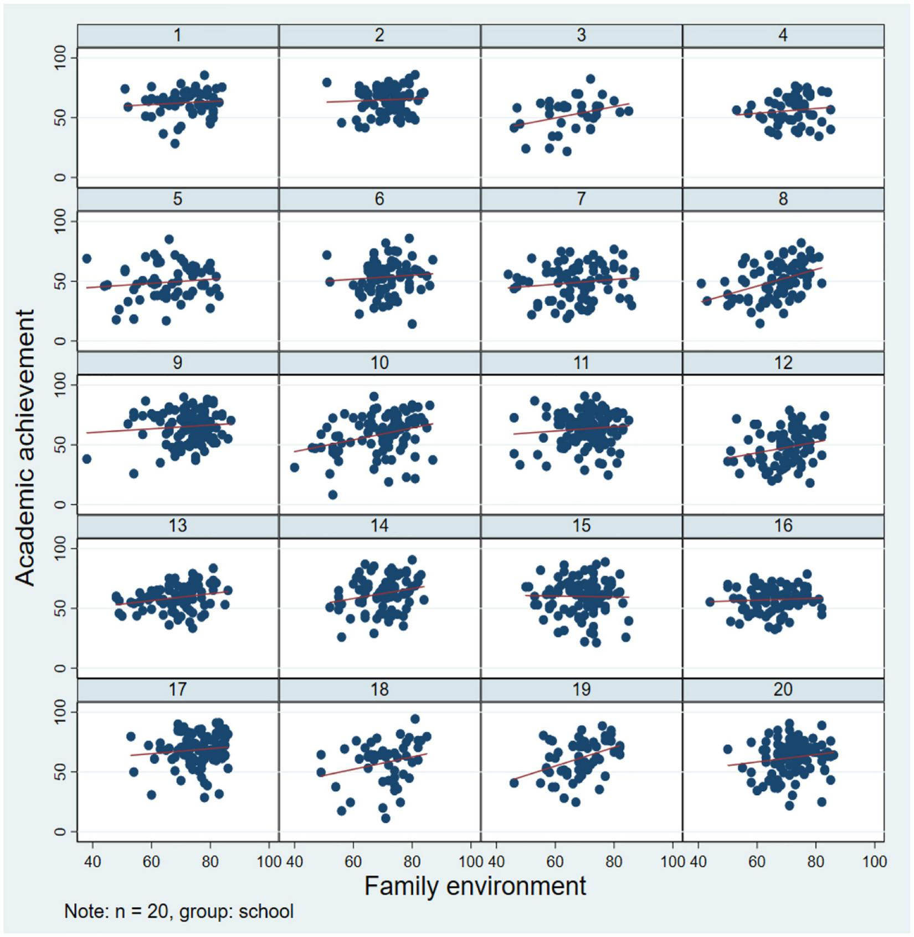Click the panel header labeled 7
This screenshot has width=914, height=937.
point(581,199)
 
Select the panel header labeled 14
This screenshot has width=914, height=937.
point(379,526)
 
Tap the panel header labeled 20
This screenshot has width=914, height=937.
point(783,689)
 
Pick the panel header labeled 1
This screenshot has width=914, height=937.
point(177,35)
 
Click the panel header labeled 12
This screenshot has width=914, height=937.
point(783,362)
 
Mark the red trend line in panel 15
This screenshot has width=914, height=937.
point(576,596)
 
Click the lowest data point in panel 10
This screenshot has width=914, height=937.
point(332,495)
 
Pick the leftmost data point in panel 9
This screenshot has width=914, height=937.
point(86,459)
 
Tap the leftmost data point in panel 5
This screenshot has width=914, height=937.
point(86,259)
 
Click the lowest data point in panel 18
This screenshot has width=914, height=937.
point(386,818)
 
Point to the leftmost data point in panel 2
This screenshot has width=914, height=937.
point(327,83)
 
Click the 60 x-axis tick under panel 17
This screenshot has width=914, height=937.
point(151,862)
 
